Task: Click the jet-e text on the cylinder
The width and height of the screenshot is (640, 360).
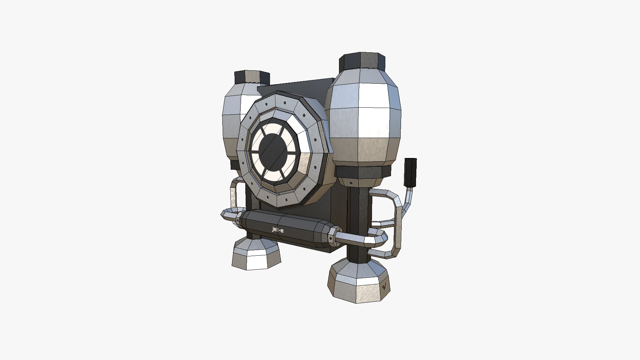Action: tap(278, 230)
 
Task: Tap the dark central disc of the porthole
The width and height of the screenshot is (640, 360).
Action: tap(274, 152)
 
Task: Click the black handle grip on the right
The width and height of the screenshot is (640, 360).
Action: tap(410, 172)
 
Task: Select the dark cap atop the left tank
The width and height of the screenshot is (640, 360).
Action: tap(252, 77)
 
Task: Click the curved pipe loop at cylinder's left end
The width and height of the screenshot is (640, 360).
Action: tap(228, 215)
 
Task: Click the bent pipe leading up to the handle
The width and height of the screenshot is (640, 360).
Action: tap(408, 200)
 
